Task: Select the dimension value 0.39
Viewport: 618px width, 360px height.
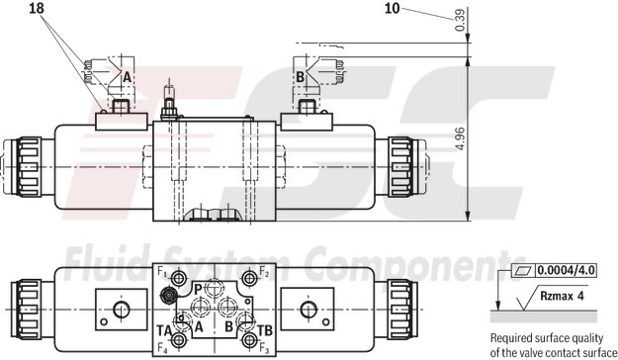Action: click(x=460, y=21)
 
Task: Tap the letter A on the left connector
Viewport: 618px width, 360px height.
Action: click(x=126, y=75)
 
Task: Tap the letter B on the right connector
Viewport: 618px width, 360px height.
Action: click(x=299, y=75)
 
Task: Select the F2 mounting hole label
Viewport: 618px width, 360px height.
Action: click(x=264, y=272)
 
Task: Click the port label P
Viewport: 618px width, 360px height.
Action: click(x=197, y=288)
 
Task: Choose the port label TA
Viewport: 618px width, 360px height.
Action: click(x=164, y=329)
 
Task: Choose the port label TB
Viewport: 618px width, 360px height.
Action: click(x=264, y=329)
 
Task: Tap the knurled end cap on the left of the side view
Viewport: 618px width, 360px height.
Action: click(x=22, y=165)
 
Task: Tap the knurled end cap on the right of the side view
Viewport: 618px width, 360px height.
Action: click(x=401, y=165)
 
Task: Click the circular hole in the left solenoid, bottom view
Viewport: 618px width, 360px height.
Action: click(x=122, y=311)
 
